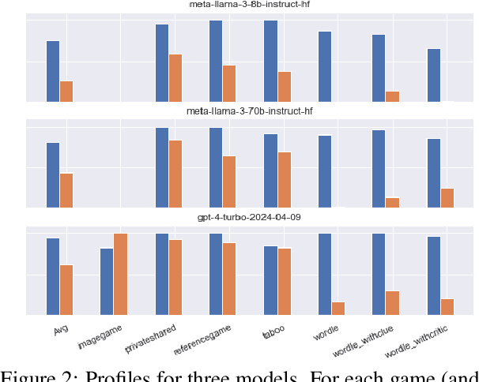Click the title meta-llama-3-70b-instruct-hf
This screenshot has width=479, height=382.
(x=250, y=111)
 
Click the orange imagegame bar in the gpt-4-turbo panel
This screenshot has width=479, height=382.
(x=121, y=274)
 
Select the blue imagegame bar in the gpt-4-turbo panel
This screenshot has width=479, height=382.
(x=107, y=281)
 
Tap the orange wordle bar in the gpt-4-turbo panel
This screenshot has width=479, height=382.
(x=338, y=308)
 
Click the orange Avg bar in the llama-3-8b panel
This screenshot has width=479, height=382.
(x=66, y=91)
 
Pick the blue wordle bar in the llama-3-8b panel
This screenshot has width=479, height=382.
(x=325, y=66)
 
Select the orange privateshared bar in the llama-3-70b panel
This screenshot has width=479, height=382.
(x=175, y=174)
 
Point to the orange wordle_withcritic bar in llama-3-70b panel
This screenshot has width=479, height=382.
(x=447, y=197)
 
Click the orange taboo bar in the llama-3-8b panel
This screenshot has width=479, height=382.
(x=285, y=86)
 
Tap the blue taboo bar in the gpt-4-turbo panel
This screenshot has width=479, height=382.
(x=270, y=280)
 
